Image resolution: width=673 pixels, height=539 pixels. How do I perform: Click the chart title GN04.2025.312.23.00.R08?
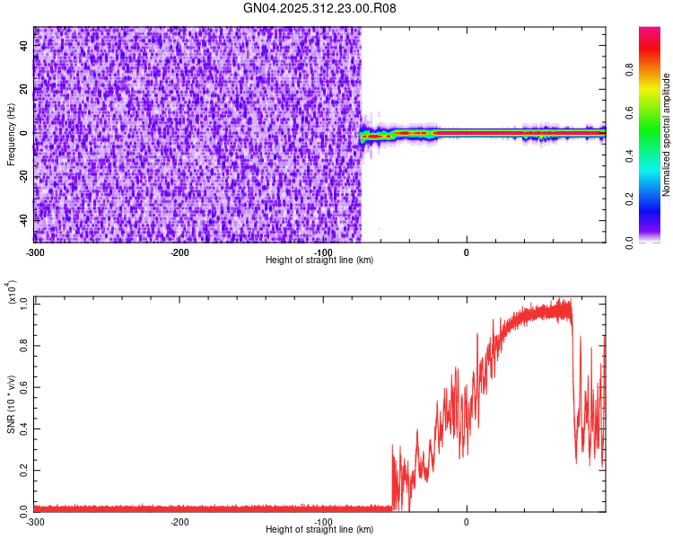click(319, 8)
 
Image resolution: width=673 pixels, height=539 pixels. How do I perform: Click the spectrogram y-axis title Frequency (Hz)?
click(11, 135)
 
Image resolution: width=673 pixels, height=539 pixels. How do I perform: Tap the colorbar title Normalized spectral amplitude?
click(667, 135)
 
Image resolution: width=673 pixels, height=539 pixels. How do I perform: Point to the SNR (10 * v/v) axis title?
click(11, 405)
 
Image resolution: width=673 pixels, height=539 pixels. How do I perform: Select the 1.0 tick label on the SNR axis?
click(25, 303)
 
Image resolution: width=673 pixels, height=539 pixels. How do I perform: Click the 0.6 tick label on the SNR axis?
click(25, 386)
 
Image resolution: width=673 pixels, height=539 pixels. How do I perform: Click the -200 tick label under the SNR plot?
click(179, 521)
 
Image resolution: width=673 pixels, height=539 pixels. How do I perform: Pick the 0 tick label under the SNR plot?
click(467, 521)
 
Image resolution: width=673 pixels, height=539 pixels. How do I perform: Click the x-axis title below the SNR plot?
click(319, 530)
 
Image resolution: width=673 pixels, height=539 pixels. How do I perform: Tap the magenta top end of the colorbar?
click(649, 31)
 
